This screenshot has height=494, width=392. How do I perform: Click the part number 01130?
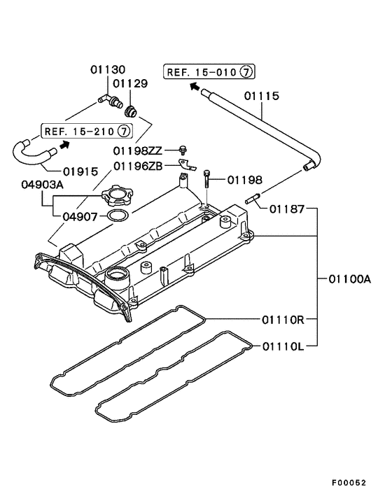point(108,69)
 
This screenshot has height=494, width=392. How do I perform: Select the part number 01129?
point(132,83)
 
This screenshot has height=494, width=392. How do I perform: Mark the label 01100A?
point(349,278)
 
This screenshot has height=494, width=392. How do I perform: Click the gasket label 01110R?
point(283,320)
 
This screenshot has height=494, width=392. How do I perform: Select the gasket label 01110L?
point(283,346)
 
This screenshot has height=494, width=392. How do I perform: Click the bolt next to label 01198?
point(208,179)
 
